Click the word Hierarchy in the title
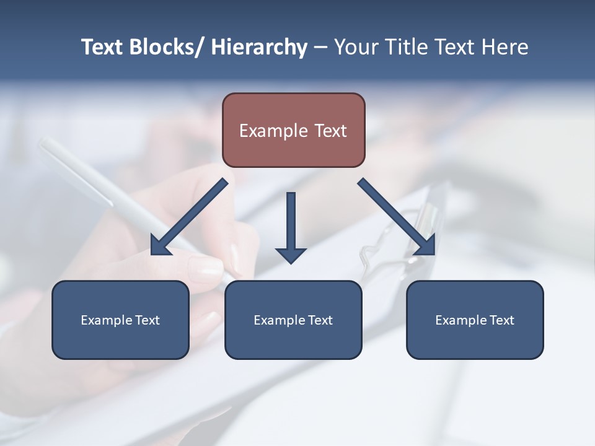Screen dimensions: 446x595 coord(259,47)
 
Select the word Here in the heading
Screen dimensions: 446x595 coord(505,47)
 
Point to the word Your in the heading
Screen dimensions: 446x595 coord(355,47)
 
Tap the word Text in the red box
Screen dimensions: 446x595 coord(331,131)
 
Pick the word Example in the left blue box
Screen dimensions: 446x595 coord(107,320)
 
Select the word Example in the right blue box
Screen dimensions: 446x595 coord(461,320)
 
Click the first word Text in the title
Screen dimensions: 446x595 coord(102,47)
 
